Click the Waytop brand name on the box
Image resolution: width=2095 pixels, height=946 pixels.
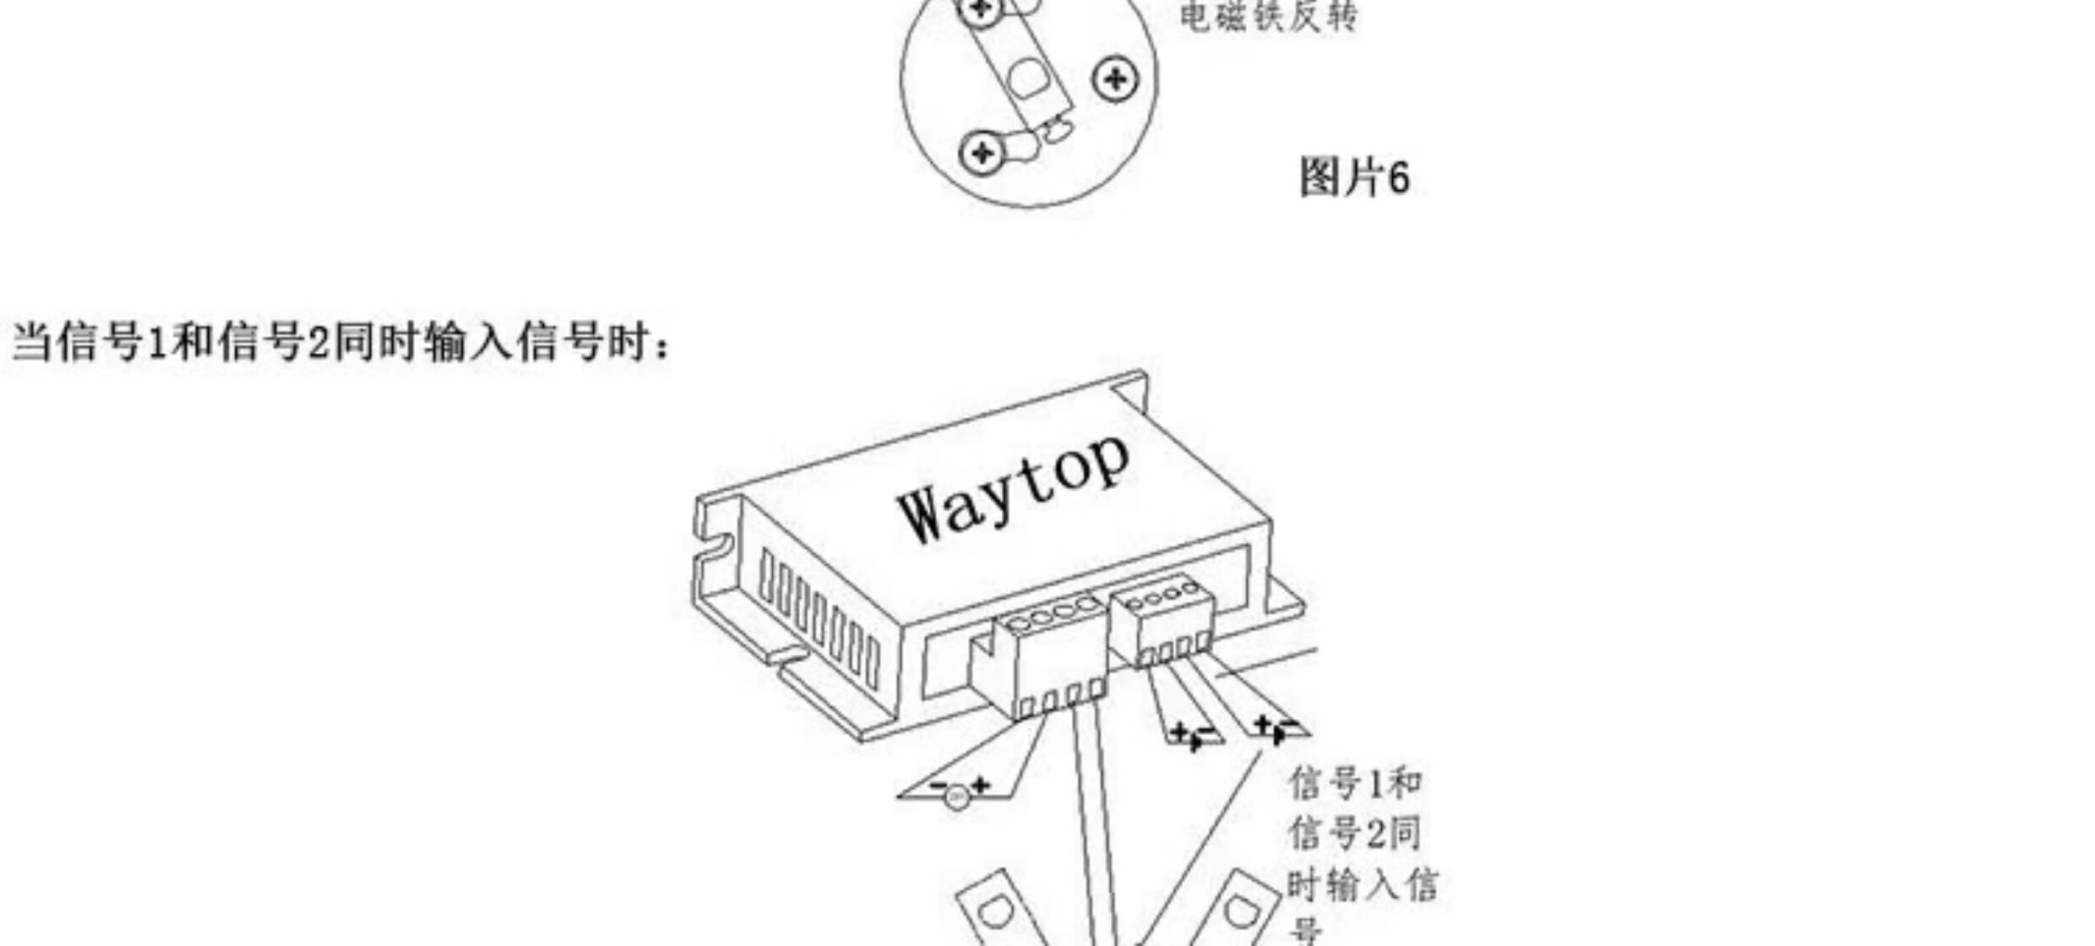tap(1014, 490)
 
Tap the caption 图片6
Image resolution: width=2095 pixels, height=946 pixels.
tap(1353, 178)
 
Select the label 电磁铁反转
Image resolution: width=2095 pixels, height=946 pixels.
tap(1267, 17)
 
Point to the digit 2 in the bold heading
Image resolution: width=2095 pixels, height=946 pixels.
tap(317, 343)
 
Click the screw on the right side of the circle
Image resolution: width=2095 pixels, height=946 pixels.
tap(1115, 79)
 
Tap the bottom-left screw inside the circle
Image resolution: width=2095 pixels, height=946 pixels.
tap(982, 153)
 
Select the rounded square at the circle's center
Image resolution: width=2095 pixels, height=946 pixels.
tap(1027, 78)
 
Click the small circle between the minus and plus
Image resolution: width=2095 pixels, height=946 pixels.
tap(956, 796)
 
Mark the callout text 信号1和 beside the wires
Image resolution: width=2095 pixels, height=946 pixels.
tap(1355, 784)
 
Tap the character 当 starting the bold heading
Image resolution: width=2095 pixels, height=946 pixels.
tap(32, 343)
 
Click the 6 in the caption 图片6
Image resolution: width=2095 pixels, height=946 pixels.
tap(1398, 178)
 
